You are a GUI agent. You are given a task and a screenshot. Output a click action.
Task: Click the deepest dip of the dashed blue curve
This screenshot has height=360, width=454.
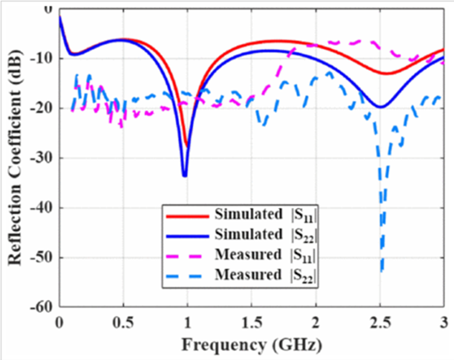tap(381, 271)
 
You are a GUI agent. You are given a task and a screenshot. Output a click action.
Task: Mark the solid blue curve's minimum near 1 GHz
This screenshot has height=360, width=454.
tap(184, 175)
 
